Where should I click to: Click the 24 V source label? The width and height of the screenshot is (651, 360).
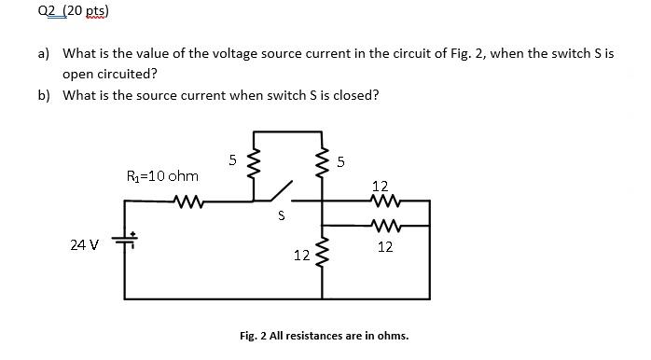(84, 245)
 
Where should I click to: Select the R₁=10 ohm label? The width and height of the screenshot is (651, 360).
(162, 175)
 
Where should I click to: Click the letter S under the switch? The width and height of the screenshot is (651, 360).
(279, 217)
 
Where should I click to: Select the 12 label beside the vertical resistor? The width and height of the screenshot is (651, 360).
(301, 255)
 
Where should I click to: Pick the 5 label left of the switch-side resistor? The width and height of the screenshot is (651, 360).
(232, 160)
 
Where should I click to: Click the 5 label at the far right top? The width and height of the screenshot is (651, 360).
(341, 163)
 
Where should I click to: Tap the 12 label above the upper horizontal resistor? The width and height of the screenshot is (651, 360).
(381, 187)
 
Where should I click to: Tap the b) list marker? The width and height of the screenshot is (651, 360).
(45, 95)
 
